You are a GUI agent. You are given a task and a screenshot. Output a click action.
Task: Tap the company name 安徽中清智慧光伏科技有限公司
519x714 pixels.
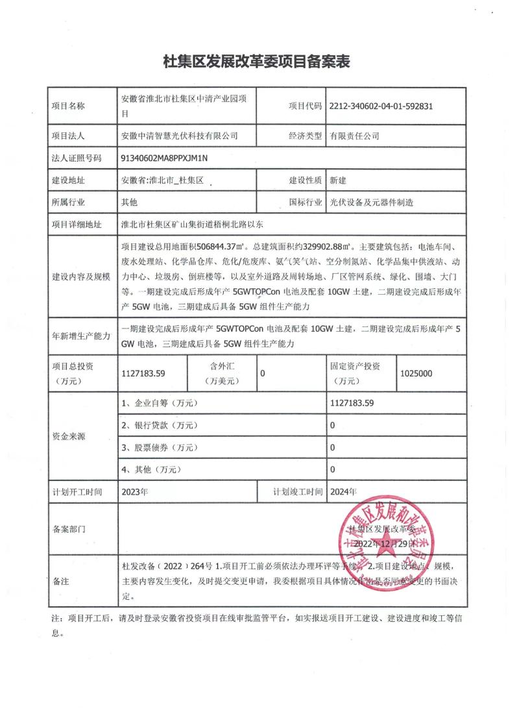180,136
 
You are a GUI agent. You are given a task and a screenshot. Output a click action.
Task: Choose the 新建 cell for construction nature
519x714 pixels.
338,180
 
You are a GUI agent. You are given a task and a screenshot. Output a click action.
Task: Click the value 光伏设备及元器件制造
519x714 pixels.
371,203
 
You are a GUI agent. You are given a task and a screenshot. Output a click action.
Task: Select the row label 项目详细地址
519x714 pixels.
77,225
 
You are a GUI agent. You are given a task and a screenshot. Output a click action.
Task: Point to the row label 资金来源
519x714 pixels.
69,436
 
